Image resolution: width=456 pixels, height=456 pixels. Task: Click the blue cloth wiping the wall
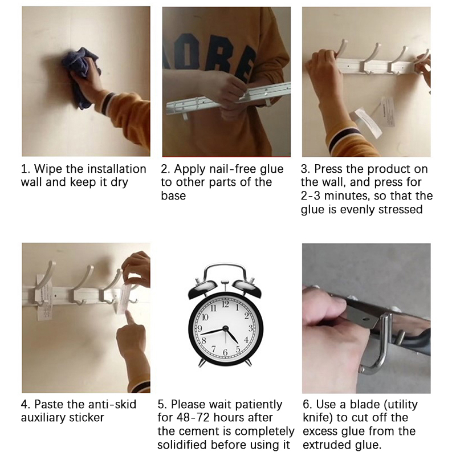click(79, 77)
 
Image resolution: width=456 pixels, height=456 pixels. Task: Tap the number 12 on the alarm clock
click(225, 304)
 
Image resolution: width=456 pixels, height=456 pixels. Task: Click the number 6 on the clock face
click(225, 352)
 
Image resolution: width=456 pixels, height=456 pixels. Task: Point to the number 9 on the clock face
click(200, 329)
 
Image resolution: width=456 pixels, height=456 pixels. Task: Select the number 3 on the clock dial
click(250, 328)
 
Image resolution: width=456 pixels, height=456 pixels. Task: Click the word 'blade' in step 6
click(365, 404)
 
